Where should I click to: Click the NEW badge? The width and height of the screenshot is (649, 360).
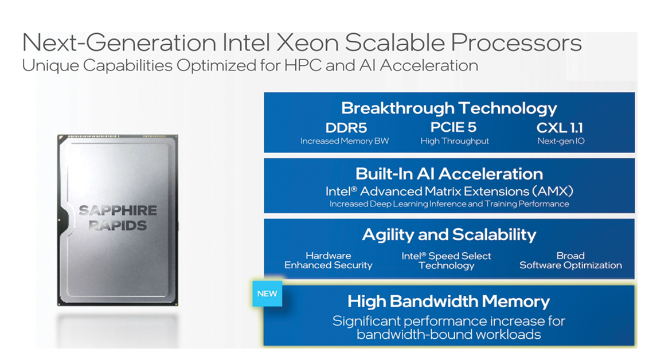(x=267, y=294)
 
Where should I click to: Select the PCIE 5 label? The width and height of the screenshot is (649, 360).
(x=453, y=127)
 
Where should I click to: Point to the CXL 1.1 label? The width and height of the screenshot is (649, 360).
(x=560, y=128)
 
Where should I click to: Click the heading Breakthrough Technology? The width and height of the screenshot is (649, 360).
(x=449, y=108)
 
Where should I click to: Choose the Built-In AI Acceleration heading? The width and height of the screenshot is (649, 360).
(x=449, y=174)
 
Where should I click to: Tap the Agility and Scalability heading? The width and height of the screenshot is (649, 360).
(x=449, y=234)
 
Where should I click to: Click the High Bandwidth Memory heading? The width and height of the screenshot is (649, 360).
(x=448, y=301)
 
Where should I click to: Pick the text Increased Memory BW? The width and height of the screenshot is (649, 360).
(x=345, y=141)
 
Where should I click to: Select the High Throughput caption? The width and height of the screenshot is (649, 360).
(x=455, y=141)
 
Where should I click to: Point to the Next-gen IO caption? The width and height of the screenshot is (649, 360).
(x=561, y=141)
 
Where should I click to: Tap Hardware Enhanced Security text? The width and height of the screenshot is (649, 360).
(x=329, y=261)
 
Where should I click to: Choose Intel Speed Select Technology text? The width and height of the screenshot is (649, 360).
(x=446, y=261)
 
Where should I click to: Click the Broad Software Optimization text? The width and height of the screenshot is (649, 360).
(x=570, y=261)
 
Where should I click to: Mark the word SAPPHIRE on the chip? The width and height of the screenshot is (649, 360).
(x=117, y=210)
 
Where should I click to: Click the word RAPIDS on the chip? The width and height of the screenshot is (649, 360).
(x=117, y=225)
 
